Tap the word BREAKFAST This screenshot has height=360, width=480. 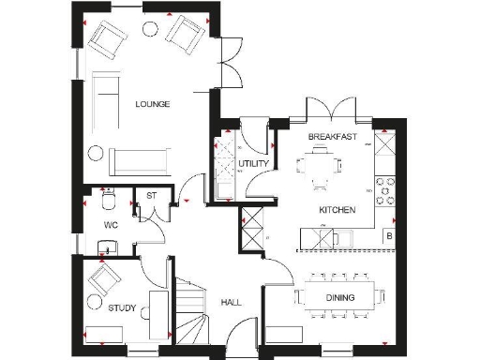pyautogui.click(x=333, y=137)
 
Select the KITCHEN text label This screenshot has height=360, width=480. pyautogui.click(x=337, y=210)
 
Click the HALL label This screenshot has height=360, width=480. pyautogui.click(x=232, y=303)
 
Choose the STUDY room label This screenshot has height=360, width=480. pyautogui.click(x=122, y=307)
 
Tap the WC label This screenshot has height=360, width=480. pyautogui.click(x=110, y=226)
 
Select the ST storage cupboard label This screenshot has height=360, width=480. pyautogui.click(x=149, y=196)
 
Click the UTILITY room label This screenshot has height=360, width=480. pyautogui.click(x=253, y=164)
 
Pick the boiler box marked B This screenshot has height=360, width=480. pyautogui.click(x=389, y=238)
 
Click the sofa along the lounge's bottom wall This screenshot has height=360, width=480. pyautogui.click(x=139, y=160)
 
